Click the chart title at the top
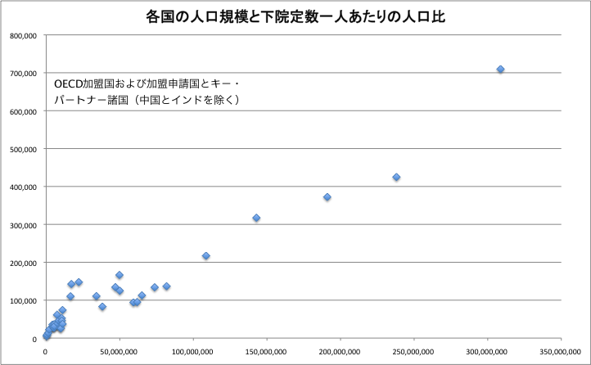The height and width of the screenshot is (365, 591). click(x=295, y=16)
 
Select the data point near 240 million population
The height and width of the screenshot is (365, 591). click(x=396, y=177)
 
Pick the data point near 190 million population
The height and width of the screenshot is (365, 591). click(x=327, y=197)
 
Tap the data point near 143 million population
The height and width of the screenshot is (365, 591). click(x=256, y=218)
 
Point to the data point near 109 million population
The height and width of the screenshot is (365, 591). click(x=206, y=256)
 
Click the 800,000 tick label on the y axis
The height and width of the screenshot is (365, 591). click(x=21, y=35)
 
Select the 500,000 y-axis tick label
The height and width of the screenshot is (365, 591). click(x=21, y=149)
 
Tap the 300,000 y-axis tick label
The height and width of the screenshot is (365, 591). click(x=21, y=224)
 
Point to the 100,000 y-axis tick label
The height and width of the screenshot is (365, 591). click(x=21, y=300)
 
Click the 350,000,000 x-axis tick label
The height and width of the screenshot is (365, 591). click(x=562, y=351)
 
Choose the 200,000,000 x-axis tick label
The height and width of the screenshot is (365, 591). click(x=341, y=351)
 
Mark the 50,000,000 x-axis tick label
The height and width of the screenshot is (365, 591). click(x=120, y=351)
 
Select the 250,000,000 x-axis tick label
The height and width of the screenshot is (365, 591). click(x=414, y=351)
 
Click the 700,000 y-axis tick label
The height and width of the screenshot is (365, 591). click(x=21, y=73)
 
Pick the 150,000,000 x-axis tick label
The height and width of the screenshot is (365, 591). click(x=267, y=351)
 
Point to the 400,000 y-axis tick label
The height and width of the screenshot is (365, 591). click(x=21, y=187)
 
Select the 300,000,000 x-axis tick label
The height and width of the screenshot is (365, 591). click(x=488, y=351)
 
